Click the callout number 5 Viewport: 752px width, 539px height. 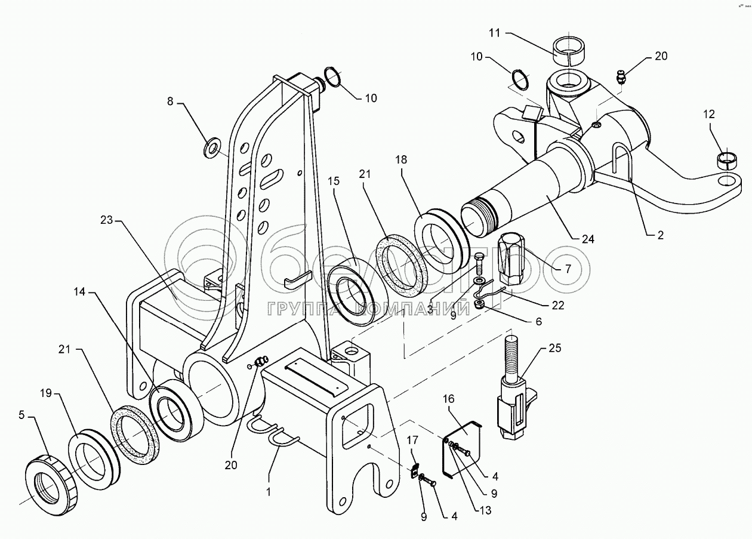[x=22, y=415]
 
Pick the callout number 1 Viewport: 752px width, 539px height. [x=269, y=492]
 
